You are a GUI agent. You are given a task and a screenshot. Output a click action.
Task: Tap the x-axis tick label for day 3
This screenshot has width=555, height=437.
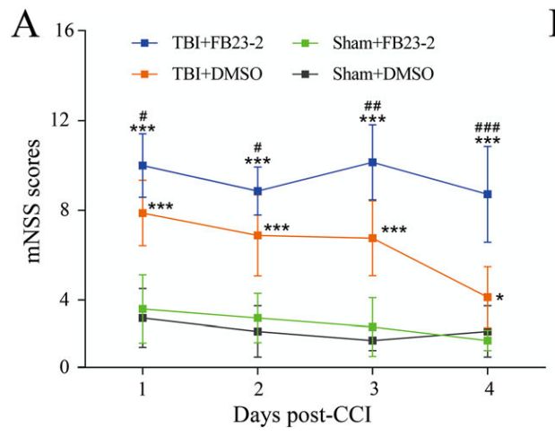[373, 388]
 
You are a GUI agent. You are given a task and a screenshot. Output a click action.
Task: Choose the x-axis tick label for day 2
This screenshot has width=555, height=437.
[257, 388]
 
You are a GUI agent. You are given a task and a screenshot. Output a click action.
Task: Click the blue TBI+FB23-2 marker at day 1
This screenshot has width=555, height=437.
[143, 166]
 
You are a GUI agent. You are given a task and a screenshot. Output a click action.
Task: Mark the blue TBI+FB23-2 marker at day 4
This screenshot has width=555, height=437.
[488, 194]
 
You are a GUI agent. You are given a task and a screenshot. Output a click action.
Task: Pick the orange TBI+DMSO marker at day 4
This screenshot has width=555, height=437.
[488, 297]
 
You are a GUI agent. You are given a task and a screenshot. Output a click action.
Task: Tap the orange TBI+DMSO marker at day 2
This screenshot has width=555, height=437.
[257, 235]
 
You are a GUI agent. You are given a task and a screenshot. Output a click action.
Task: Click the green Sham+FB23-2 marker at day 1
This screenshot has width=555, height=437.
[143, 309]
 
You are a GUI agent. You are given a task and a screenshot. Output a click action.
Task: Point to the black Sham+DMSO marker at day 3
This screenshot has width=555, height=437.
[373, 341]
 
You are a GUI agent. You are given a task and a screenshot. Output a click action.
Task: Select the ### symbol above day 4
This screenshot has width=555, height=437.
[488, 127]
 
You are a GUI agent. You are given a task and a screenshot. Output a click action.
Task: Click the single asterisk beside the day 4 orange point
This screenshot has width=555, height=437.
[499, 298]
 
